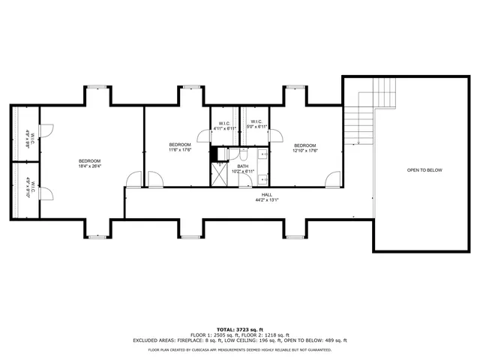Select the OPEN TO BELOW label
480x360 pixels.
point(424,170)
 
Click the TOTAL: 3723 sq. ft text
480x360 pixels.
point(240,329)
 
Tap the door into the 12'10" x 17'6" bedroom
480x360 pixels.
point(333,179)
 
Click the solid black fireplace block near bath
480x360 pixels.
point(213,154)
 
